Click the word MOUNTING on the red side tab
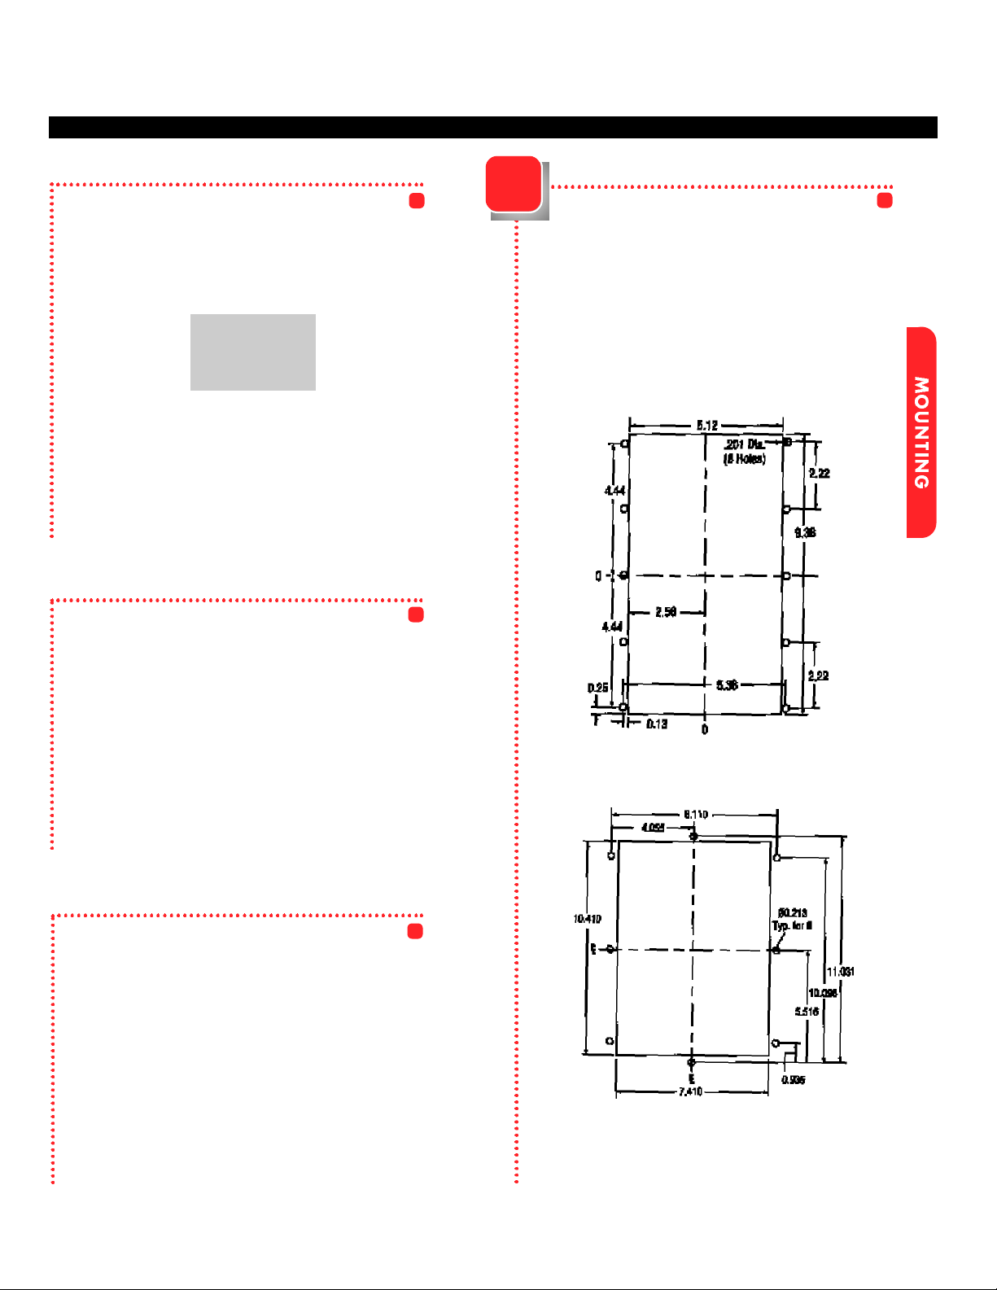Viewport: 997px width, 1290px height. (921, 432)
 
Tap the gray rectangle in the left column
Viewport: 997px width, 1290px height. (252, 352)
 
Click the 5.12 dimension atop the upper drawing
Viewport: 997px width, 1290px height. (706, 425)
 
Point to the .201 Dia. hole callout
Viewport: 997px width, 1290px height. (744, 444)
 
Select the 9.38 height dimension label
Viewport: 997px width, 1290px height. (805, 532)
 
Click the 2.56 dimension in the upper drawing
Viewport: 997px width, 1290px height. (666, 612)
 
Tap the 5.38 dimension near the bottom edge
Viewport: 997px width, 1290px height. (727, 685)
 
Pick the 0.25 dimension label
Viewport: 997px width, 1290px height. (597, 689)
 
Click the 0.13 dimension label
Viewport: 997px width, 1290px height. (657, 724)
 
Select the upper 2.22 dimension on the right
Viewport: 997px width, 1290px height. (820, 473)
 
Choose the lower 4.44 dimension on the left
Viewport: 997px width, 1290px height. (612, 626)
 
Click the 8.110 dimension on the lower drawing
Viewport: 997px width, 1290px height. (696, 814)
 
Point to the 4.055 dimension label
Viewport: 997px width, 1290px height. (653, 828)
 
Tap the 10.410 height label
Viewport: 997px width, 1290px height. (587, 919)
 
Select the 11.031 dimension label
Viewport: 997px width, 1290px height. (841, 972)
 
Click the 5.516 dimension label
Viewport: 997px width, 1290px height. (807, 1012)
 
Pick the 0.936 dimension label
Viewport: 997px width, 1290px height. (793, 1080)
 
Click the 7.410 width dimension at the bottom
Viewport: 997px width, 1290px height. (690, 1091)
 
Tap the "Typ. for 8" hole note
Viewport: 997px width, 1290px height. (792, 925)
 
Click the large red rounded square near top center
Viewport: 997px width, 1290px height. (514, 184)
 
